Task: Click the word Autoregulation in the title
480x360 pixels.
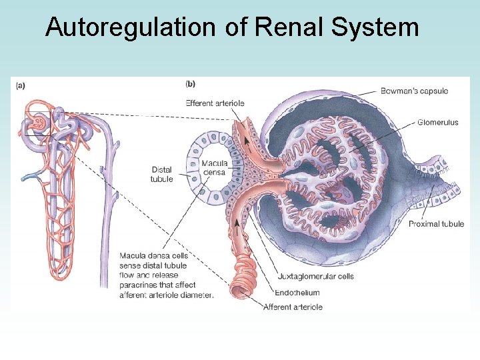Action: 130,27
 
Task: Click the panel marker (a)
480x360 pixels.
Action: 21,85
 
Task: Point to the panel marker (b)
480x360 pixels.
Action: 190,84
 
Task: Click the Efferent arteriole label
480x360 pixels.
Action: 215,103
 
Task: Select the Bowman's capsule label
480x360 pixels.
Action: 414,91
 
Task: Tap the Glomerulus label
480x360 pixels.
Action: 438,122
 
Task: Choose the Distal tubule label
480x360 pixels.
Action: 161,175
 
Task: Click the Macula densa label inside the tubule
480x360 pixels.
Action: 215,167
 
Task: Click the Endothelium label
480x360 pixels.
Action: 297,292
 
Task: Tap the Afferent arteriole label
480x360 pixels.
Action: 293,307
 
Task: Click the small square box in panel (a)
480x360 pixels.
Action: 37,123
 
